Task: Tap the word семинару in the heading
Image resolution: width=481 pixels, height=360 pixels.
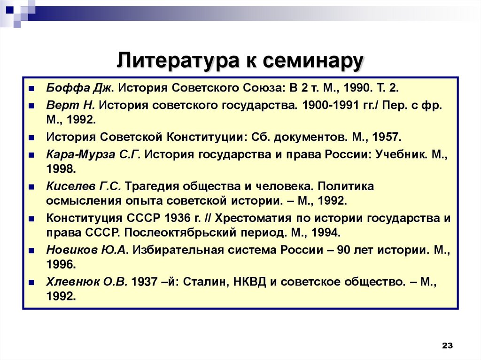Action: click(x=312, y=61)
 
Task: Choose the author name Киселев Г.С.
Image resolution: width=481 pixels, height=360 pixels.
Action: click(x=84, y=186)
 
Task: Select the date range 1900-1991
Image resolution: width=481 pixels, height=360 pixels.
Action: click(x=332, y=105)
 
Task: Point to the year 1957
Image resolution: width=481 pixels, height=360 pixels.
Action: click(x=386, y=138)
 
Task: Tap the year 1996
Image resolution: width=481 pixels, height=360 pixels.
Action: click(x=60, y=265)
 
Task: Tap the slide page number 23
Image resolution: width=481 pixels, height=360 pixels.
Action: click(x=447, y=346)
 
